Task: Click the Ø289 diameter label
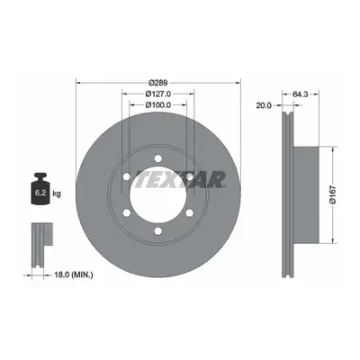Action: [x=158, y=82]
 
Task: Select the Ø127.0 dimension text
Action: [x=158, y=94]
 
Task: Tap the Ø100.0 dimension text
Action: [x=158, y=104]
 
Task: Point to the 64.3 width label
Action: [x=301, y=94]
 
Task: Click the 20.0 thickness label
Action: [x=264, y=105]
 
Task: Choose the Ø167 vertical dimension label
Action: [x=333, y=195]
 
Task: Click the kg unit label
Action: [x=57, y=193]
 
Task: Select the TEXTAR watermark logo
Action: [x=181, y=179]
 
